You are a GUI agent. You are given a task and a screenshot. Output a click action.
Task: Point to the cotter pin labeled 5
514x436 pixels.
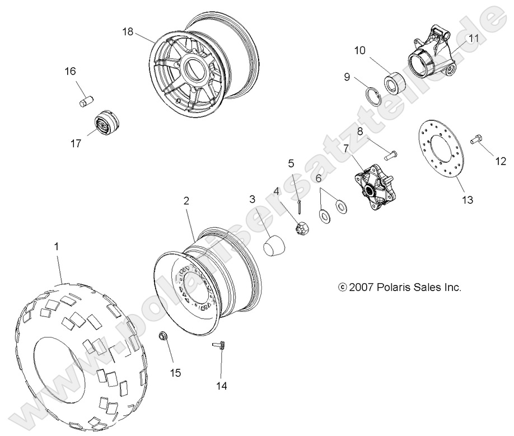(x=300, y=207)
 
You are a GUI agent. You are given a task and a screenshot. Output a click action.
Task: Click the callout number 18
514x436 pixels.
(x=128, y=31)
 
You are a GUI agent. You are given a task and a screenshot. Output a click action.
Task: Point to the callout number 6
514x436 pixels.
(x=319, y=178)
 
